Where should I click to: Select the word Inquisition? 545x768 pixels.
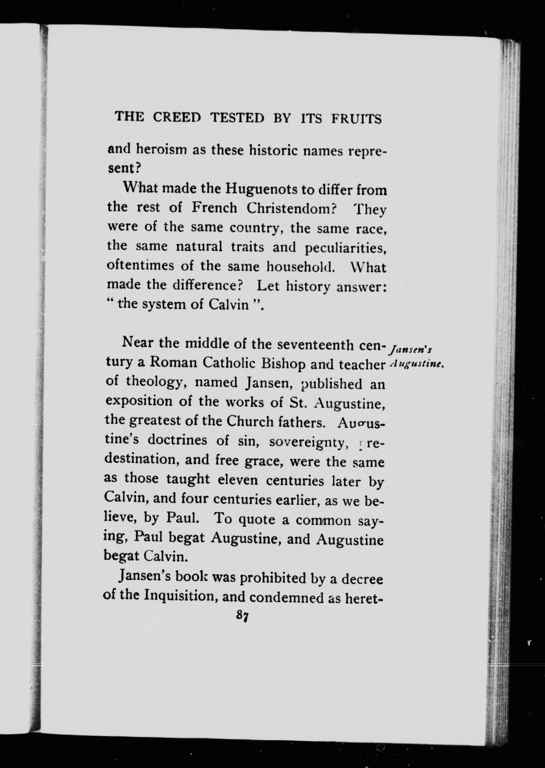pyautogui.click(x=180, y=596)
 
